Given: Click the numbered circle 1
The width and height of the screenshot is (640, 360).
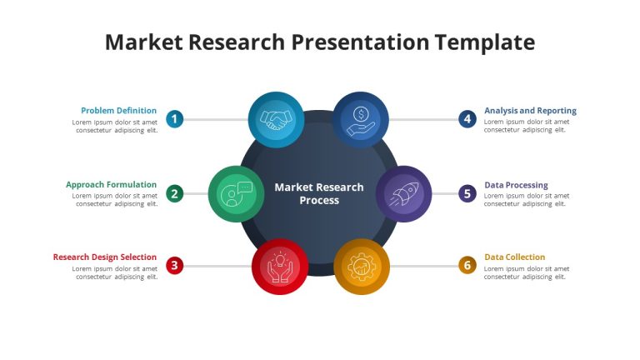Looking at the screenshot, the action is tap(174, 119).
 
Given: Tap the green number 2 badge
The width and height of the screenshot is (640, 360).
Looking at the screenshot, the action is tap(174, 193).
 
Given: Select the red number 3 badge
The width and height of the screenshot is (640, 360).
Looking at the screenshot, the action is tap(174, 266).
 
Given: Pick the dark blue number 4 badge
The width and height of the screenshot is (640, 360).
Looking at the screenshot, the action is tap(467, 119).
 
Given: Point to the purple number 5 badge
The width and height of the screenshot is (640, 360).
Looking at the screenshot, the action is tap(467, 193).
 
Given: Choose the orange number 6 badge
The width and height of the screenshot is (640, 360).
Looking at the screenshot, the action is tap(467, 265).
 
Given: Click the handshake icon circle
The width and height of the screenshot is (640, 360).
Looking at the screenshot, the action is tap(277, 120).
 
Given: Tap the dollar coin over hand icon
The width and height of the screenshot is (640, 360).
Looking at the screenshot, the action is tap(360, 121).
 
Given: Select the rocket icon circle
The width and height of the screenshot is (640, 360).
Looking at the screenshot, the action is tap(403, 194).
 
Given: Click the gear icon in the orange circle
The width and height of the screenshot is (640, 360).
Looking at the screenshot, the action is tap(362, 267).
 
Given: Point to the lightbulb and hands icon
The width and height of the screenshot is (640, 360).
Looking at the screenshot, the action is tap(280, 267).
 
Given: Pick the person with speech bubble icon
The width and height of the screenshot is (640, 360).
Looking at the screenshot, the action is tap(237, 194).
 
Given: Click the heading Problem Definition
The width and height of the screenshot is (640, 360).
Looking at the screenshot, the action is tap(119, 111).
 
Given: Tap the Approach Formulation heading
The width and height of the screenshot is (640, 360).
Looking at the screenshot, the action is tap(111, 185).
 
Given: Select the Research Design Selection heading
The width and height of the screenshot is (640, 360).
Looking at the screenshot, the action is tap(105, 257).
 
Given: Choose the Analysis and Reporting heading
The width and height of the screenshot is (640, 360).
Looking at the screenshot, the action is tap(530, 111).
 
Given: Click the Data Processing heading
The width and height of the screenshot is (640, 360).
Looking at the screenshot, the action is tap(516, 185).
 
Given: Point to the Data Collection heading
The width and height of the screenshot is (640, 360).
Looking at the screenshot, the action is tap(515, 257).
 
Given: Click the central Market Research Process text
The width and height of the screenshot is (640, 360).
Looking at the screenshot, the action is tap(319, 194).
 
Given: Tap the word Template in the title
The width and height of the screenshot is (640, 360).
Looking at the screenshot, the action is tap(485, 42).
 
